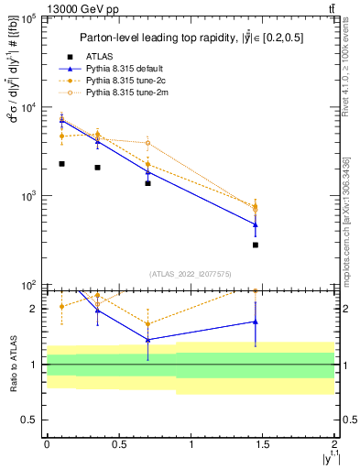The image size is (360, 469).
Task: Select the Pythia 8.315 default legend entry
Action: point(124,69)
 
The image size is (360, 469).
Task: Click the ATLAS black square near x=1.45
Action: point(256,245)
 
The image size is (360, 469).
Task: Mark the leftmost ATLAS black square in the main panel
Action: point(61,164)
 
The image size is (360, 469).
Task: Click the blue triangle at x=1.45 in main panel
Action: point(256,224)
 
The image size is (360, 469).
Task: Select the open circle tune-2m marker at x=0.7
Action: point(147,143)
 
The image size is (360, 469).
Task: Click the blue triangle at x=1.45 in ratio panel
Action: point(256,322)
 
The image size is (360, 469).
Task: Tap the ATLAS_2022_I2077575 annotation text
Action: point(190,274)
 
